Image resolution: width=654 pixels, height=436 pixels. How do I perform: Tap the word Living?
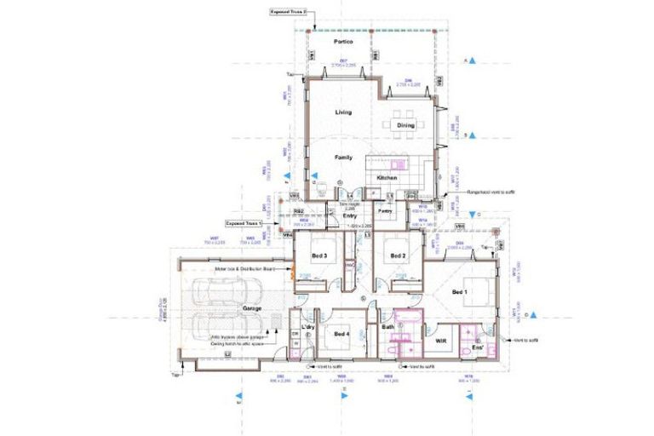[343, 112]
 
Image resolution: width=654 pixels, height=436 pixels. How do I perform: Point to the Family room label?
[343, 158]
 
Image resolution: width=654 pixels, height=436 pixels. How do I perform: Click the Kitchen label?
[387, 177]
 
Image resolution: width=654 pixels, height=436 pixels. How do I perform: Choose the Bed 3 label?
[319, 255]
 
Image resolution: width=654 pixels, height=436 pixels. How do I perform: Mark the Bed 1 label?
[461, 292]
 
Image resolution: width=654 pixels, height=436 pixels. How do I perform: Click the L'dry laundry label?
[308, 328]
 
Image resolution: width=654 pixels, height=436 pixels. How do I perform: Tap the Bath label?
[388, 327]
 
